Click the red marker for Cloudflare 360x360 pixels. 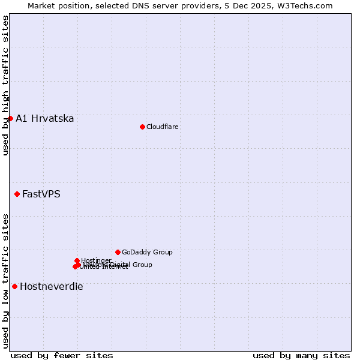click(x=142, y=127)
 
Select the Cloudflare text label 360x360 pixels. click(x=162, y=127)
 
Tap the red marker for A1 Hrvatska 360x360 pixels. click(x=10, y=118)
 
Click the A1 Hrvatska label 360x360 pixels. click(x=45, y=119)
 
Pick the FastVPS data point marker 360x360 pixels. click(x=17, y=194)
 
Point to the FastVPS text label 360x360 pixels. click(x=41, y=194)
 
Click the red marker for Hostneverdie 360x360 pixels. click(x=14, y=286)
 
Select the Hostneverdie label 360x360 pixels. click(x=52, y=287)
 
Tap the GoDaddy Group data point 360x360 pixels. click(x=118, y=252)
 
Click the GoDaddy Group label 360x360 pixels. click(x=147, y=252)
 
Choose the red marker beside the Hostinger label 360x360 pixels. click(x=77, y=260)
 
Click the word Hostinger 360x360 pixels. click(x=96, y=260)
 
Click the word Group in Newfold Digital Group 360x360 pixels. click(x=142, y=265)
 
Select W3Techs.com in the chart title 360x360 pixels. click(x=306, y=6)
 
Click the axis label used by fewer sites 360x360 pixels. click(x=62, y=355)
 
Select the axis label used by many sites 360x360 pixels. click(x=301, y=355)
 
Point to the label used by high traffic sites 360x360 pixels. click(x=5, y=85)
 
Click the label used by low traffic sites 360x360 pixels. click(x=5, y=281)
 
